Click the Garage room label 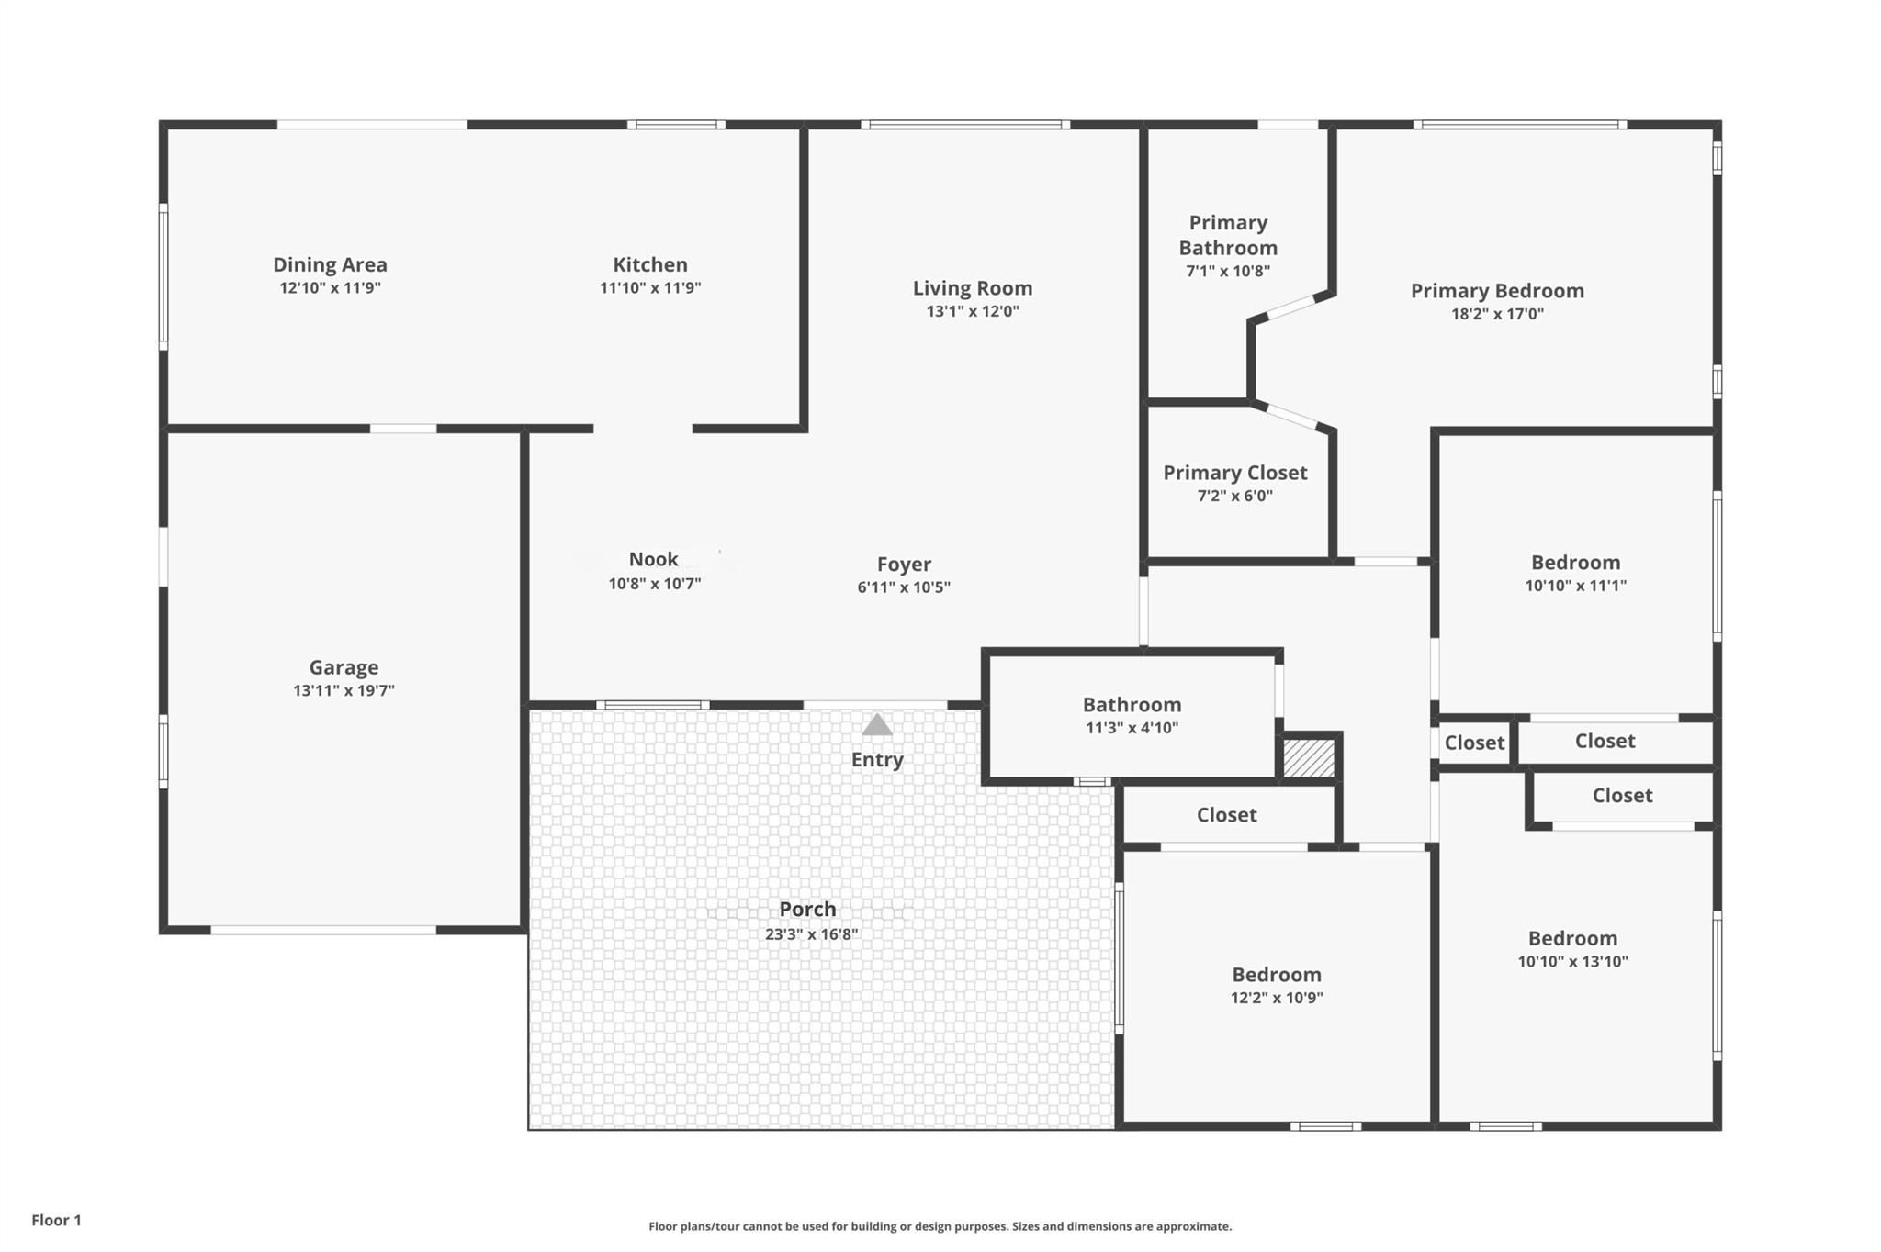click(x=344, y=667)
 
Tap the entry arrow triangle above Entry click(x=877, y=726)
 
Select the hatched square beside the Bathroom click(x=1308, y=758)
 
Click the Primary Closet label click(x=1234, y=473)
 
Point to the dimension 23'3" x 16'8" click(x=811, y=934)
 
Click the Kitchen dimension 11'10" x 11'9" click(x=650, y=287)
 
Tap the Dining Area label click(x=330, y=264)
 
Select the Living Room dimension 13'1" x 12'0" click(x=972, y=311)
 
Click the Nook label click(x=653, y=559)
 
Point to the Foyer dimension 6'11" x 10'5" click(x=903, y=587)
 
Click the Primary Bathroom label click(x=1228, y=235)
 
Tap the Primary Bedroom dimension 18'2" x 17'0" click(x=1497, y=314)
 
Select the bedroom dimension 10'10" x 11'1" click(x=1575, y=586)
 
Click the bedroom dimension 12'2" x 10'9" click(x=1277, y=998)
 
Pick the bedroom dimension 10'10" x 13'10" click(x=1572, y=962)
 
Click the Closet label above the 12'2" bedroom click(x=1226, y=815)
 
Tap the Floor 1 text click(x=56, y=1220)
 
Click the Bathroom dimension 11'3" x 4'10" click(x=1132, y=728)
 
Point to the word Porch click(x=807, y=909)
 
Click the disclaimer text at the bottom click(x=940, y=1226)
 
